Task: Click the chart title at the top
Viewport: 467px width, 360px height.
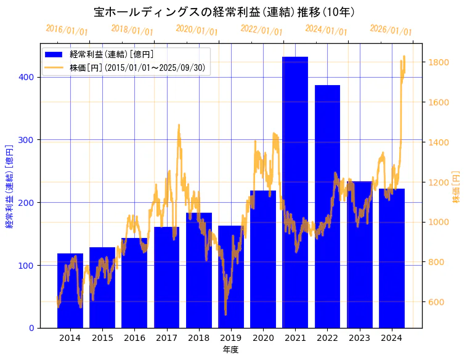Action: [x=224, y=12]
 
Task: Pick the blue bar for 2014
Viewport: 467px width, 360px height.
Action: [x=70, y=290]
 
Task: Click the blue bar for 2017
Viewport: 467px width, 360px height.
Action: [x=166, y=277]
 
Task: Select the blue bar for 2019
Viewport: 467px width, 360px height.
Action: [x=231, y=277]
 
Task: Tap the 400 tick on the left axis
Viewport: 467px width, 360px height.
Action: [x=28, y=77]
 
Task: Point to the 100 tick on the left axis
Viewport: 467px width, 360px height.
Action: [x=28, y=265]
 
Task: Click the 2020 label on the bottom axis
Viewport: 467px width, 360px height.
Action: [x=263, y=338]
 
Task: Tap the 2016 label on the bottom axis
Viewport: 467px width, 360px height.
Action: [x=134, y=338]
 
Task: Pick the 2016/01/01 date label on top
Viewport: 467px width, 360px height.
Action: [x=67, y=30]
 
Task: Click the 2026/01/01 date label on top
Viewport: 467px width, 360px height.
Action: [x=391, y=30]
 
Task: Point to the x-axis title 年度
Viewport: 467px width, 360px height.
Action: [x=231, y=350]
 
